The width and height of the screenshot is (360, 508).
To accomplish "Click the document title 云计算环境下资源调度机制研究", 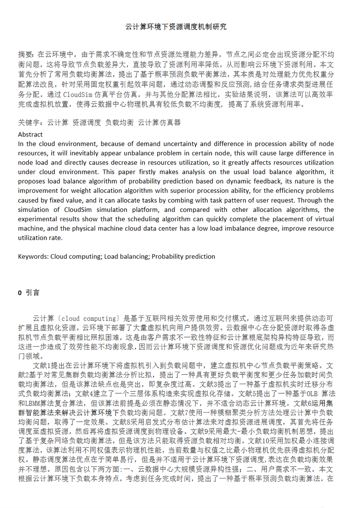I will pos(176,27).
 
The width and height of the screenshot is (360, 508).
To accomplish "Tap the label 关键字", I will pos(29,122).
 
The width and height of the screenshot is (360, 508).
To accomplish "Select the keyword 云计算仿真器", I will pos(159,122).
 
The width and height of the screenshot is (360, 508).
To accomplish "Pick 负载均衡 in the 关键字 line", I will pos(119,122).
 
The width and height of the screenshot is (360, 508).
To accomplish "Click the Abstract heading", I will pos(30,134).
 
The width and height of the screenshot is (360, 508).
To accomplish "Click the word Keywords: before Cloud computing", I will pos(33,256).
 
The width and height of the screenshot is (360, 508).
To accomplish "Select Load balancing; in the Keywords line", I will pos(127,256).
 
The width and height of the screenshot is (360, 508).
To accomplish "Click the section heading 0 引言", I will pos(29,292).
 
